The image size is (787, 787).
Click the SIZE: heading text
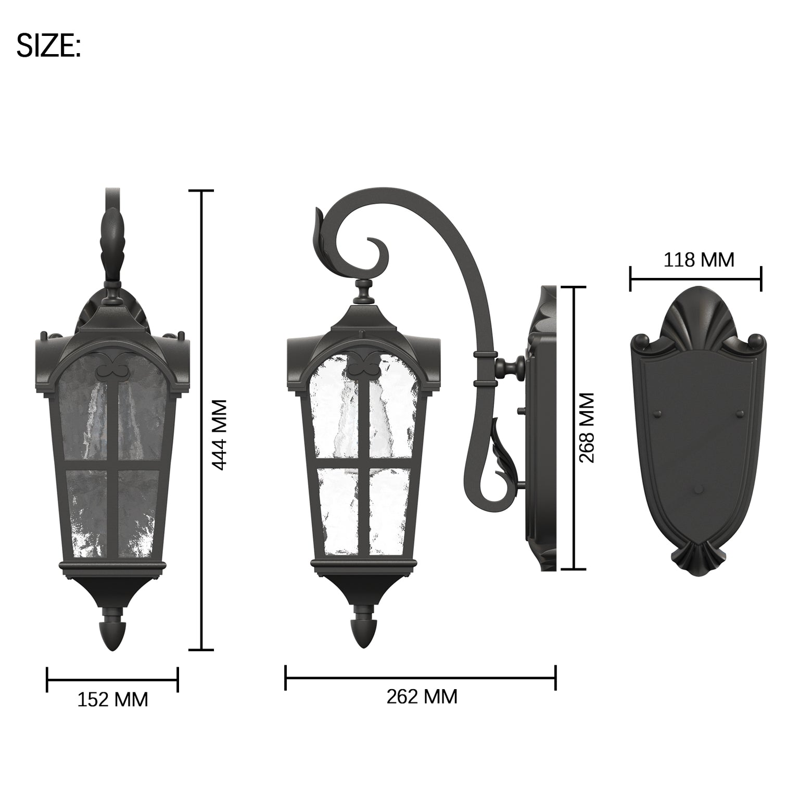click(x=48, y=45)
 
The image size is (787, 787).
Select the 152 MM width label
click(x=112, y=699)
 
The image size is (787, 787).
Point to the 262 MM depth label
click(x=422, y=696)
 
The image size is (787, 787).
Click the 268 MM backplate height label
click(x=587, y=427)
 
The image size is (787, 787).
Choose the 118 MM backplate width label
click(x=699, y=259)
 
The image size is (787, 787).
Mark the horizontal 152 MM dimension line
click(x=112, y=679)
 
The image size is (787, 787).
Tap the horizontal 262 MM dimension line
click(x=421, y=678)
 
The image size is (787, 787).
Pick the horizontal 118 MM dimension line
click(x=695, y=278)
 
